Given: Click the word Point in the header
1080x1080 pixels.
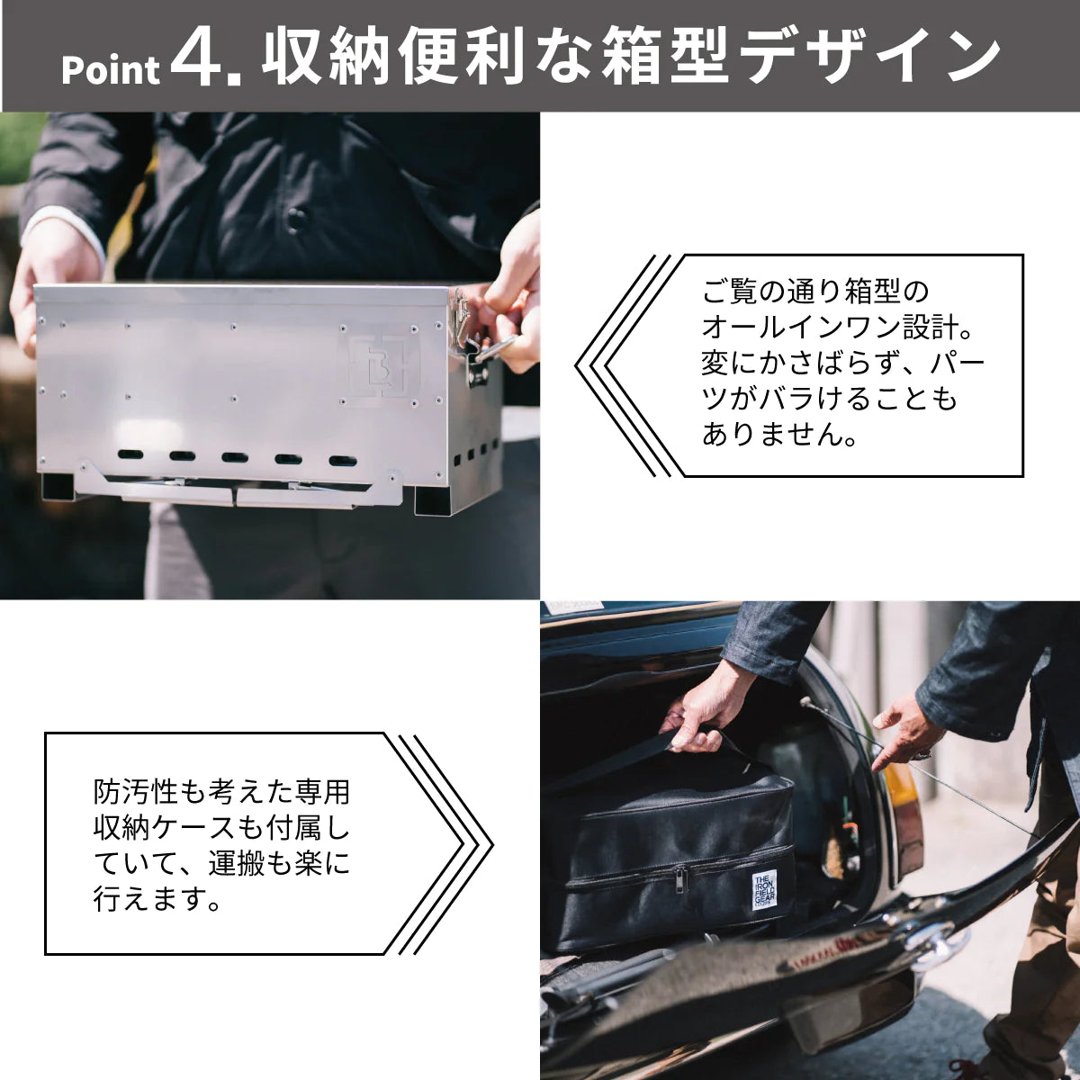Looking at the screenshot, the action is pyautogui.click(x=111, y=69).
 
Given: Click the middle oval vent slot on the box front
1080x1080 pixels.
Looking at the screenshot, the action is pyautogui.click(x=234, y=457).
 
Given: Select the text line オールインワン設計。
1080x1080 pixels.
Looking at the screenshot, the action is pyautogui.click(x=837, y=328).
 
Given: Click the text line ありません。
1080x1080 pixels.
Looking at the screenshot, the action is pyautogui.click(x=779, y=436).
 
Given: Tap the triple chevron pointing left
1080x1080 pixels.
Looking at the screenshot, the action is pyautogui.click(x=623, y=366).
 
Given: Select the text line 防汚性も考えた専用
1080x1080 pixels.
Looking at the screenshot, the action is pyautogui.click(x=221, y=793).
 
